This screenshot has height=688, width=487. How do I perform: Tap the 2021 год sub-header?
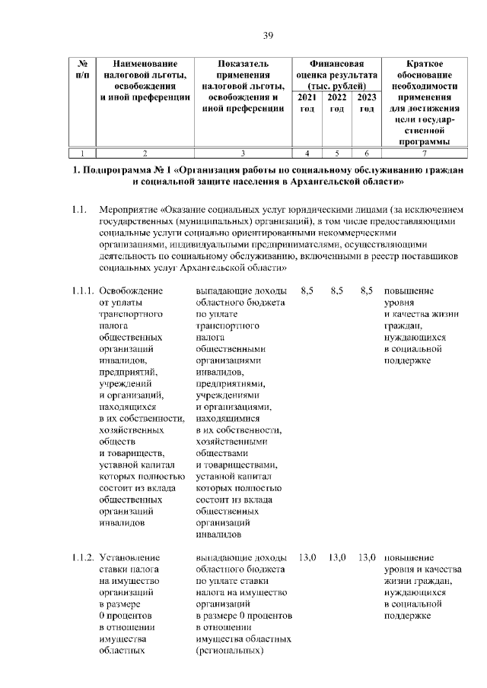point(307,103)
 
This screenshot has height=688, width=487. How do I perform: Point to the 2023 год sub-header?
point(367,103)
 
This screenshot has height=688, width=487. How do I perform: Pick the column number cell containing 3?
point(242,153)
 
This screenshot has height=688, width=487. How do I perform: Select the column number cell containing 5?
point(336,153)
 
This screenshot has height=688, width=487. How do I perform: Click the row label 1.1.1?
point(81,290)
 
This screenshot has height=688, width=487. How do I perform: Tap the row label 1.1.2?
point(81,557)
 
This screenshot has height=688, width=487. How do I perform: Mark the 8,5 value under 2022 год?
point(337,290)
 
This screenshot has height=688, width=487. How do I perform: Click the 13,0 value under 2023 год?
point(367,557)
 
